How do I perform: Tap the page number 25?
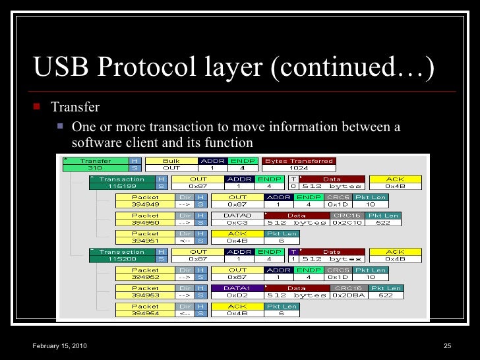point(446,347)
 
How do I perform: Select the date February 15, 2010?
point(59,347)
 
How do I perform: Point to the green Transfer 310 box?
point(96,164)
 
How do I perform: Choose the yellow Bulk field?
point(171,164)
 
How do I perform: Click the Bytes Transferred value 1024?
point(299,168)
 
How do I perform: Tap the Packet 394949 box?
point(145,200)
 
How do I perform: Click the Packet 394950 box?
point(145,219)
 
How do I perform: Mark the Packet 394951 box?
point(145,237)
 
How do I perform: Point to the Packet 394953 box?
point(145,292)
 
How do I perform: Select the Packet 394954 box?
point(145,310)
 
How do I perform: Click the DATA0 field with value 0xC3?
point(237,219)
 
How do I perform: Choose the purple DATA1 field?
point(237,292)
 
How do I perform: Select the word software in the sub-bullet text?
point(96,142)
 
